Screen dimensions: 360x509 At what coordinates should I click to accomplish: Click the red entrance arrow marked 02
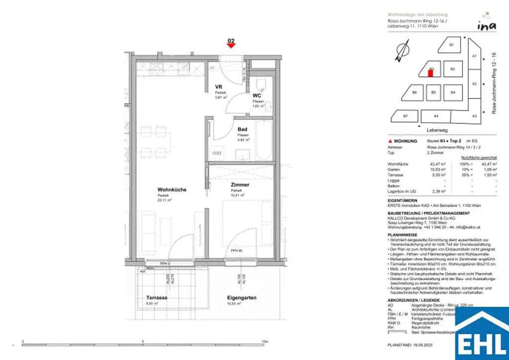pyautogui.click(x=231, y=45)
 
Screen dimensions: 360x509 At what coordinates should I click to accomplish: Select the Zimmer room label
pyautogui.click(x=240, y=184)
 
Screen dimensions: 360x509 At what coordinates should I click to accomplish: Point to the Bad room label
pyautogui.click(x=242, y=129)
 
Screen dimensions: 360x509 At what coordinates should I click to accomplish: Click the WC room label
pyautogui.click(x=257, y=95)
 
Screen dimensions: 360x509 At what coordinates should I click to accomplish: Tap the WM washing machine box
pyautogui.click(x=217, y=153)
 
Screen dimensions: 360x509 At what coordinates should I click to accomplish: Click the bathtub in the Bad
pyautogui.click(x=263, y=141)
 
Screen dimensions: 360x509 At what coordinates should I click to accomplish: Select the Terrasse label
pyautogui.click(x=157, y=297)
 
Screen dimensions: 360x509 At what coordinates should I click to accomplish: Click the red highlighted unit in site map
pyautogui.click(x=431, y=73)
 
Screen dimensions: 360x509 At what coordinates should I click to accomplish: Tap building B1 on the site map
pyautogui.click(x=451, y=45)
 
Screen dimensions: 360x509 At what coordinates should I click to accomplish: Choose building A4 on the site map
pyautogui.click(x=436, y=116)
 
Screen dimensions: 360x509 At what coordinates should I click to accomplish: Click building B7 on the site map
pyautogui.click(x=405, y=116)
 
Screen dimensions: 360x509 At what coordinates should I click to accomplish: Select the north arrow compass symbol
pyautogui.click(x=403, y=52)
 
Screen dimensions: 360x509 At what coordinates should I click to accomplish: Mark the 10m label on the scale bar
pyautogui.click(x=265, y=342)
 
